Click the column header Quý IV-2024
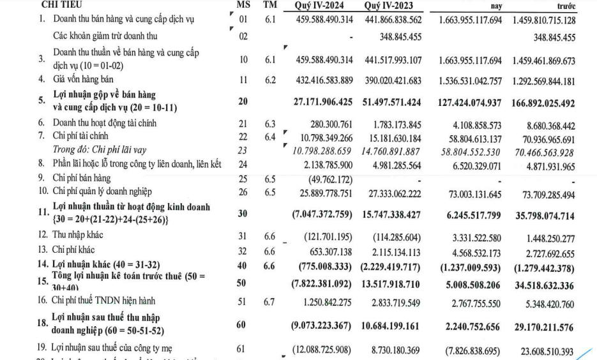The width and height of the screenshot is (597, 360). [x=322, y=6]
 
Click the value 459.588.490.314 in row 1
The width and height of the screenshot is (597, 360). [x=322, y=20]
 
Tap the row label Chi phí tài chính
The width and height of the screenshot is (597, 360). [x=80, y=135]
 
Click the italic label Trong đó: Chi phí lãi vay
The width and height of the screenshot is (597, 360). [x=100, y=150]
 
